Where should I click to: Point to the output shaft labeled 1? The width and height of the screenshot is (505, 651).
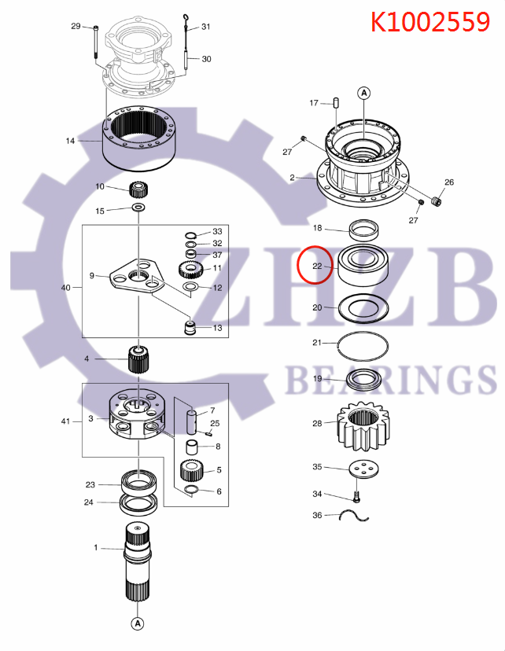[x=139, y=559]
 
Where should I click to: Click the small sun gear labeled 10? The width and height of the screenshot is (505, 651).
[x=139, y=189]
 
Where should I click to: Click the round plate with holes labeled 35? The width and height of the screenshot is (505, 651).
[x=364, y=469]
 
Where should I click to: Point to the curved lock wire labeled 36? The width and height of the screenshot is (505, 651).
[x=355, y=516]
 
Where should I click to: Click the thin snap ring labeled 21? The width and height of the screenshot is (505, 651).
[x=364, y=343]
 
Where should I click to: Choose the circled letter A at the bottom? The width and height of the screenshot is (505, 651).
[x=137, y=624]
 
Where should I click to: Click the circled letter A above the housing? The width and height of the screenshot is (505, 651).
[x=364, y=94]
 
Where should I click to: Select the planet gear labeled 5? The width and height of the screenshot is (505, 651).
[x=193, y=471]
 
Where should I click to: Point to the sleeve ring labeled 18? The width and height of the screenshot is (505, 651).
[x=364, y=230]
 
